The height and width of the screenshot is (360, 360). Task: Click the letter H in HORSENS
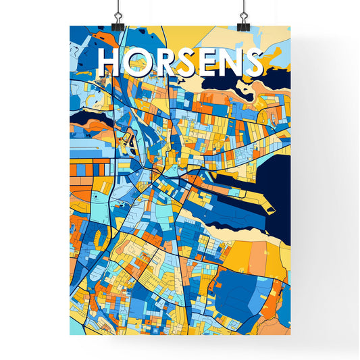[x=109, y=62]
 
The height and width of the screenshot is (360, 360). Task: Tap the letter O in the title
[x=136, y=62]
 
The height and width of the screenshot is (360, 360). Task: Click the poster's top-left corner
[x=70, y=26]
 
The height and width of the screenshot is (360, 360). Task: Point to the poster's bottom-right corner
[x=290, y=335]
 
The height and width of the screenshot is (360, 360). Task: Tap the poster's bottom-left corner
[x=70, y=335]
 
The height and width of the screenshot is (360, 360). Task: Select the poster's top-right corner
[x=290, y=26]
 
